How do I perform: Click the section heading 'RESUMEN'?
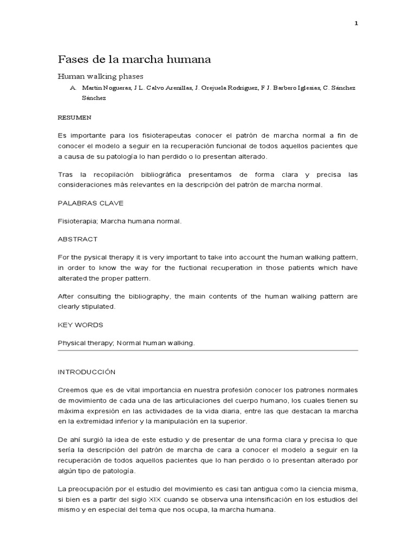point(74,116)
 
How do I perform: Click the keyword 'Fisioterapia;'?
point(76,221)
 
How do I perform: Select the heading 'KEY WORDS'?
point(80,325)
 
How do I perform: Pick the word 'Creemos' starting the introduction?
point(71,390)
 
